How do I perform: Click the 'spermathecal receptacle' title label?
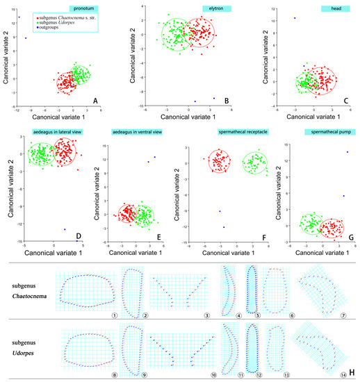232,132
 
